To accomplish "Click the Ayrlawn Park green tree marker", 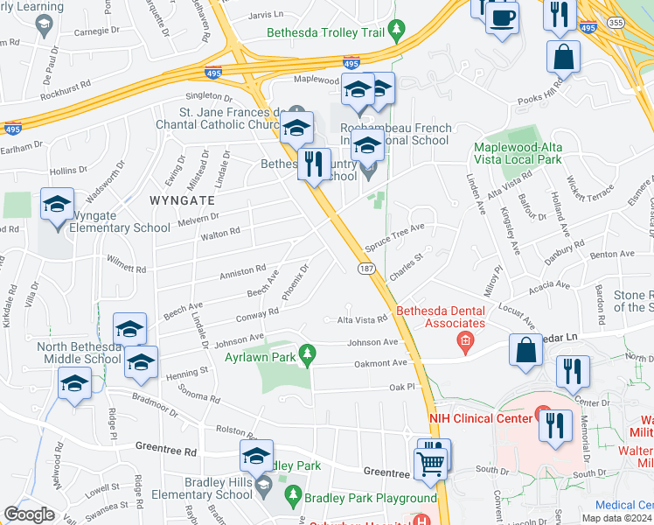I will (306, 354).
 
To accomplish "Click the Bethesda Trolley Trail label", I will (326, 32).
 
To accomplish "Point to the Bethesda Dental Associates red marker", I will (466, 340).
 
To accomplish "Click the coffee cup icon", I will (502, 17).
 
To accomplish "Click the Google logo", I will (30, 514).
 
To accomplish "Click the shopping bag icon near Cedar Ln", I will (528, 350).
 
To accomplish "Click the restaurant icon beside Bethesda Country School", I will (314, 163).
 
